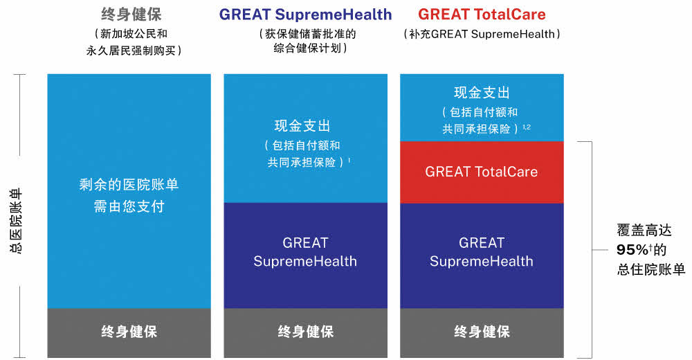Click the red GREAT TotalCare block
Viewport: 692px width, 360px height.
tap(482, 172)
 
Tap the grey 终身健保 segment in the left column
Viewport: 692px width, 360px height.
tap(129, 332)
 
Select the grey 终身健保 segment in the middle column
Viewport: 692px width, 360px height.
tap(305, 332)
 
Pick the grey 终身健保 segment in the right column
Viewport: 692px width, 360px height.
tap(482, 332)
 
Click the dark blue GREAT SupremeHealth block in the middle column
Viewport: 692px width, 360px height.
tap(305, 255)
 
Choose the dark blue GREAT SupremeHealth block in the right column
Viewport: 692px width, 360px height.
tap(482, 255)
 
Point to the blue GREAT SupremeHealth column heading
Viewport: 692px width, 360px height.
tap(305, 15)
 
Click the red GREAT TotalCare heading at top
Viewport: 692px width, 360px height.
tap(482, 15)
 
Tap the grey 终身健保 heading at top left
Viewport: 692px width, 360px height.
tap(131, 15)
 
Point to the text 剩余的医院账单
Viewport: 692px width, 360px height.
tap(129, 184)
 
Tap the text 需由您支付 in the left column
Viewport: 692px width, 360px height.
tap(129, 206)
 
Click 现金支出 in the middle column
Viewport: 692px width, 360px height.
tap(302, 126)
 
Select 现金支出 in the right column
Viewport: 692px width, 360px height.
tap(482, 93)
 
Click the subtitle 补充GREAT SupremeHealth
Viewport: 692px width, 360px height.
tap(482, 34)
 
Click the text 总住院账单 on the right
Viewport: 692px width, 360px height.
tap(651, 269)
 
